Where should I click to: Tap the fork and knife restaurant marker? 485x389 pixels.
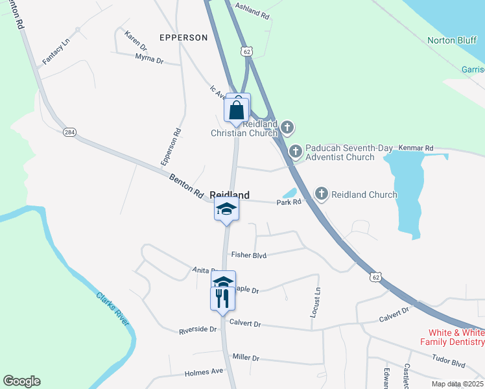(222, 299)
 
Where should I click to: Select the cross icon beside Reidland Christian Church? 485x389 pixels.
(287, 126)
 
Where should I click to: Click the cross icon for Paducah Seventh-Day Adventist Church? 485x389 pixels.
(296, 152)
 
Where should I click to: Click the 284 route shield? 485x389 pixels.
(69, 132)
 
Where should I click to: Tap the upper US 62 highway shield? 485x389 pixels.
(245, 51)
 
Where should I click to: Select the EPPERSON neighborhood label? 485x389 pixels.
(183, 38)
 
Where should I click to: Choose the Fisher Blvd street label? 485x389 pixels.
(249, 255)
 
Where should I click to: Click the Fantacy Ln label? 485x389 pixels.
(56, 52)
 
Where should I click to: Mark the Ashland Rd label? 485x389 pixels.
(252, 11)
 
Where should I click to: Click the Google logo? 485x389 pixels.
(21, 381)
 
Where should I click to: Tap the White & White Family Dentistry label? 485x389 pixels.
(453, 336)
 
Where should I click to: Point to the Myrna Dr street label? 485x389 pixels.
(149, 59)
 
